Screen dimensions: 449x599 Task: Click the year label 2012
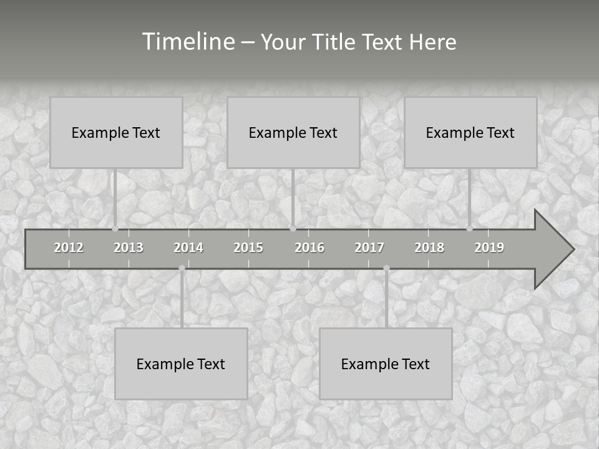(x=69, y=248)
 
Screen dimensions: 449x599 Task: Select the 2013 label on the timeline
(x=129, y=248)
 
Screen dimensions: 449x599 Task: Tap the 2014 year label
(x=188, y=248)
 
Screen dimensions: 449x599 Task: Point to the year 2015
(x=248, y=248)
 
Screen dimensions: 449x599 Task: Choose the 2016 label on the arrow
(x=309, y=248)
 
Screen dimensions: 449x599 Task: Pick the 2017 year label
(x=369, y=248)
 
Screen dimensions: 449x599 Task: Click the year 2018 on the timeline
(x=429, y=248)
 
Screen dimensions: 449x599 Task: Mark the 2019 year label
(x=489, y=248)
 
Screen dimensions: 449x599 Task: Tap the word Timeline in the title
(x=187, y=42)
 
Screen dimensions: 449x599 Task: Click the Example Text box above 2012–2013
(x=116, y=132)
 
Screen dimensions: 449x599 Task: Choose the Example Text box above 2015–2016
(x=293, y=132)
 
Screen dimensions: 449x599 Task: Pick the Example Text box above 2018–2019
(x=470, y=132)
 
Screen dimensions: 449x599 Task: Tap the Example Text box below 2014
(x=181, y=364)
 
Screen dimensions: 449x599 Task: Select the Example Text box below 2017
(x=386, y=364)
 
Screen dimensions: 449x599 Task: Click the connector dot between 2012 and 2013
(x=115, y=229)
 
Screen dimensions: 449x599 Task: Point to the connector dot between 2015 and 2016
(x=293, y=229)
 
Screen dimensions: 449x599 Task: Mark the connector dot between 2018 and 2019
(x=469, y=229)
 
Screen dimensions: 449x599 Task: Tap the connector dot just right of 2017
(x=386, y=268)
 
